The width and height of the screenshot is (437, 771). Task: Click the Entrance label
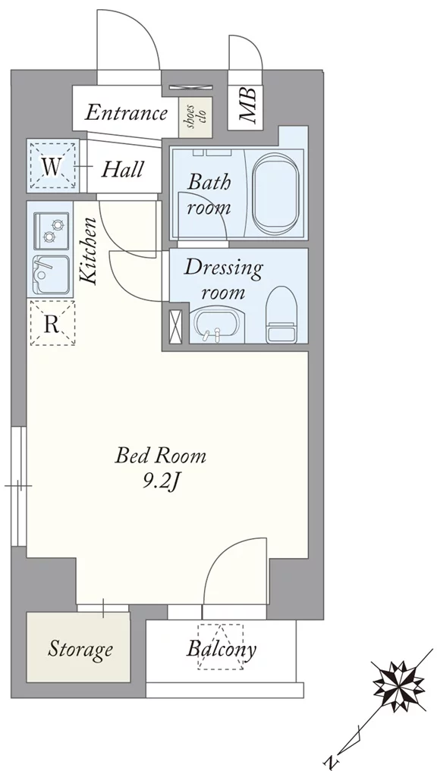126,113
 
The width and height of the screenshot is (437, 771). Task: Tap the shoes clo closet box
196,117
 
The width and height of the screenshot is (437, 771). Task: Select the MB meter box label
247,105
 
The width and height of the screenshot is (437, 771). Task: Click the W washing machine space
52,166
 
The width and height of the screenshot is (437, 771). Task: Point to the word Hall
122,170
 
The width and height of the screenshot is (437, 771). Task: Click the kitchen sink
51,274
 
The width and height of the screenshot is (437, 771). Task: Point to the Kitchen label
89,251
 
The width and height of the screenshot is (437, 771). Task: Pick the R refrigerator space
52,322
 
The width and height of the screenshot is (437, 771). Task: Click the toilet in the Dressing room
281,315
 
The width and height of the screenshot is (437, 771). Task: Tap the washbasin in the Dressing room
215,325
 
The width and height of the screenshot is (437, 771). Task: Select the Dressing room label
223,281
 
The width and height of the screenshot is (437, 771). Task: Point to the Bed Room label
160,456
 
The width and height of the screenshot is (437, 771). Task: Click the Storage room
78,647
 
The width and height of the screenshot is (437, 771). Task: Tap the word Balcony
222,650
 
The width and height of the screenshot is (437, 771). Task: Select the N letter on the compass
332,762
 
